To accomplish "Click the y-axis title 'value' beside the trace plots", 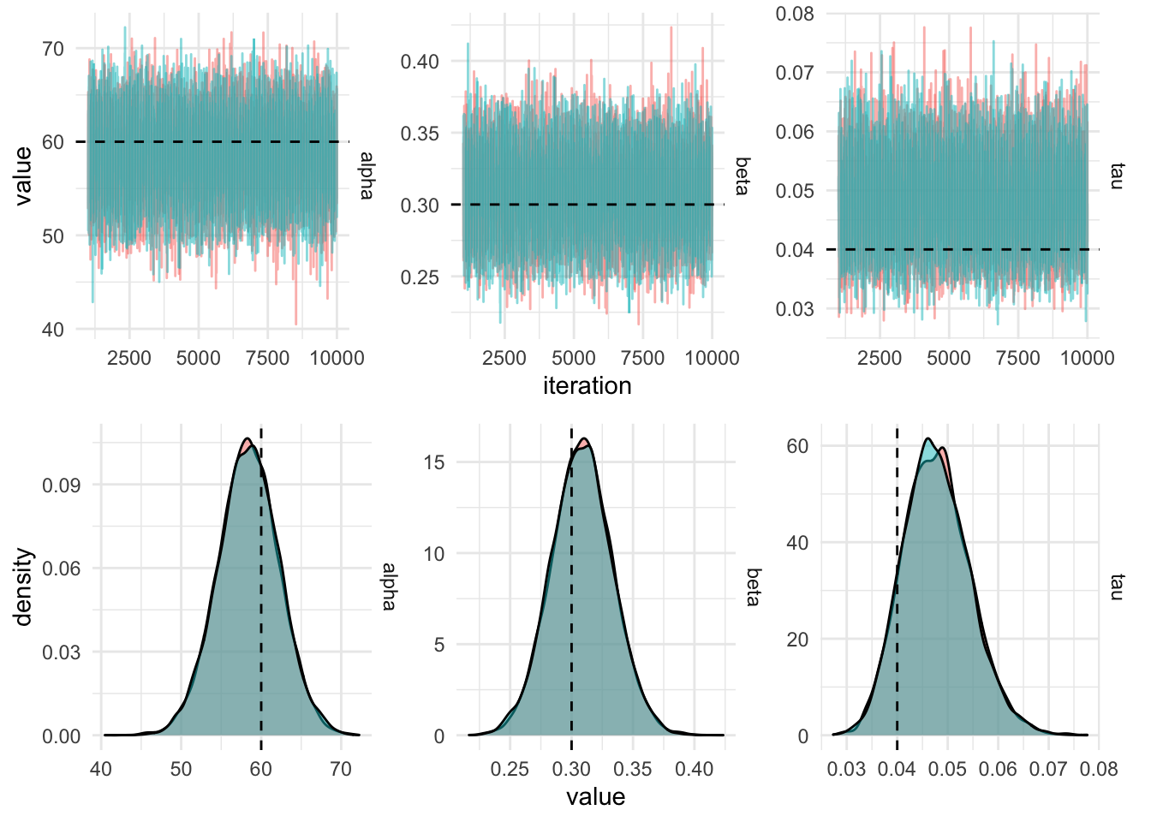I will (23, 176).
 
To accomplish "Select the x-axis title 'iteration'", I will (587, 386).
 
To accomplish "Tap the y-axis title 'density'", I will (23, 587).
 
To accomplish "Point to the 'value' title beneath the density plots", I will (595, 797).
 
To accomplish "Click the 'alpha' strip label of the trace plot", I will (367, 176).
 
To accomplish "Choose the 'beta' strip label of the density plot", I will (753, 587).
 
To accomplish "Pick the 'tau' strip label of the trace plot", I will (1116, 176).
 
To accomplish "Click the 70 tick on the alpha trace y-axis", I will (53, 49).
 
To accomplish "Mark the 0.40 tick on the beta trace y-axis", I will (420, 62).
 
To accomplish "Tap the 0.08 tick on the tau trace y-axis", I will (795, 14).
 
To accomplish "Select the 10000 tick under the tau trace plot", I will (1088, 358).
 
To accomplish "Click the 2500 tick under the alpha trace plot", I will (129, 358).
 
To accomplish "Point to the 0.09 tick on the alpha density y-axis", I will (62, 485).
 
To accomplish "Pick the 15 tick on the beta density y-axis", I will (434, 462).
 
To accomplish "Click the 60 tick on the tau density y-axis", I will (797, 446).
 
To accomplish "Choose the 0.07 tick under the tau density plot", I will (1048, 769).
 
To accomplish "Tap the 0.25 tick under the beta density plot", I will (510, 769).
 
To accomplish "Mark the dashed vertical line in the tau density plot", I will (897, 599).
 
